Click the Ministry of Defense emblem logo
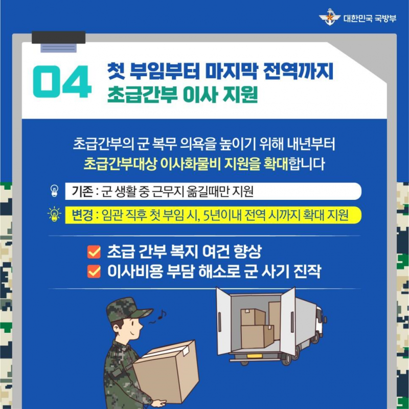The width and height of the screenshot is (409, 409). click(329, 17)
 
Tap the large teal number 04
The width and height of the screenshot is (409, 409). click(62, 81)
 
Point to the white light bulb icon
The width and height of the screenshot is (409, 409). click(54, 191)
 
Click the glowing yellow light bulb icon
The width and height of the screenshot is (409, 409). click(54, 214)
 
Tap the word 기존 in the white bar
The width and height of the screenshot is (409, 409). click(82, 191)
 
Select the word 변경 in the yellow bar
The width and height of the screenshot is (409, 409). click(82, 215)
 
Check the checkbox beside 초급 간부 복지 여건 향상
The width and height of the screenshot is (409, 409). click(94, 252)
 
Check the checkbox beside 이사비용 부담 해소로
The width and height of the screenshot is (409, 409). click(94, 271)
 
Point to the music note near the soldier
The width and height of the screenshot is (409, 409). click(162, 314)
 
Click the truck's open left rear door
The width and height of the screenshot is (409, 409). click(223, 322)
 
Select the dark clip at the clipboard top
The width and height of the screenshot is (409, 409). click(59, 37)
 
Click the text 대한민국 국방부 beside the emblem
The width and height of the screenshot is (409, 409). click(370, 18)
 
